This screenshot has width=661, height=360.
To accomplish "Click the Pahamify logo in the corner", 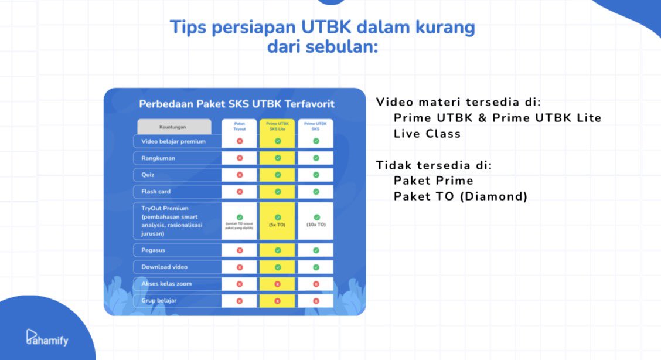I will coord(47,337).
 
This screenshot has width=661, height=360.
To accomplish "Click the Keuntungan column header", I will coord(174,127).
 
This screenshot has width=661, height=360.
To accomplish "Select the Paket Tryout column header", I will coord(239,126).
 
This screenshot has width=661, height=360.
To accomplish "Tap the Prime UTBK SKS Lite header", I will coord(277,126).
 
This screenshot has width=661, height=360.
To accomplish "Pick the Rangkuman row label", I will coord(158,158).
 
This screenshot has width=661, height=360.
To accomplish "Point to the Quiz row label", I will coord(148,175).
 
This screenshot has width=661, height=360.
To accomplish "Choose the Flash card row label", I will coord(156,191).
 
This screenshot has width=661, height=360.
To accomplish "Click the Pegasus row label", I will coord(154,250).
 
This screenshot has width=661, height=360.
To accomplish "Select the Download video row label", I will coord(164,267).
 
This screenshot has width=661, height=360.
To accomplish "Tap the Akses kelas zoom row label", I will coord(166,284).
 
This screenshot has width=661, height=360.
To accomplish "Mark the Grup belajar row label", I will coord(159,301).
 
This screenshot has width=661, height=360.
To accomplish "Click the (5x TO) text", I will coord(278,225).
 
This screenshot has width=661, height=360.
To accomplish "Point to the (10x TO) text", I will coord(316,225).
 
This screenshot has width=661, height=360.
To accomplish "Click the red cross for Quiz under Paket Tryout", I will coord(239,175).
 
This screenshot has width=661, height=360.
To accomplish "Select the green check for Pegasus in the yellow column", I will coord(278,250).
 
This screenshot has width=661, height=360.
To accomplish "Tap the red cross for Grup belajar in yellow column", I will coord(278,301).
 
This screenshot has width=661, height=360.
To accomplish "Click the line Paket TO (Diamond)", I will coord(461,196).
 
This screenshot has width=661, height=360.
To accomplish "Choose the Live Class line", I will coord(427,134).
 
